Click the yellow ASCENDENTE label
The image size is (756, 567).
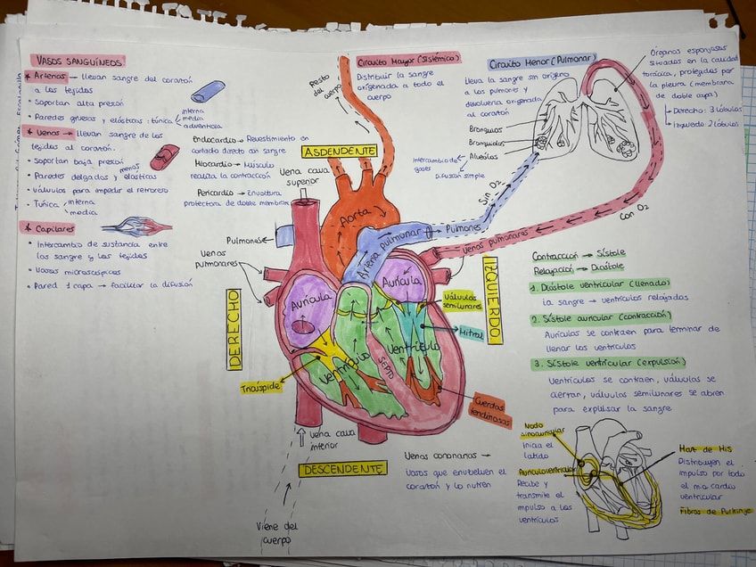(339, 152)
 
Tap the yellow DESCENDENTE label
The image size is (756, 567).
(342, 469)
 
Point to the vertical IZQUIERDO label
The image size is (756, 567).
(491, 300)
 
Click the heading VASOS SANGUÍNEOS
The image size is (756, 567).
(78, 61)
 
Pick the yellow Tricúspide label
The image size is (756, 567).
(260, 387)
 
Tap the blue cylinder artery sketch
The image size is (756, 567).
(208, 91)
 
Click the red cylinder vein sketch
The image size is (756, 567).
(164, 157)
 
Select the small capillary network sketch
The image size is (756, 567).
(137, 226)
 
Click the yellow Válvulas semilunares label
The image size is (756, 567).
(461, 300)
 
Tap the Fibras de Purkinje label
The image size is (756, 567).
(715, 511)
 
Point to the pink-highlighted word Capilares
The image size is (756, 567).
(53, 227)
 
